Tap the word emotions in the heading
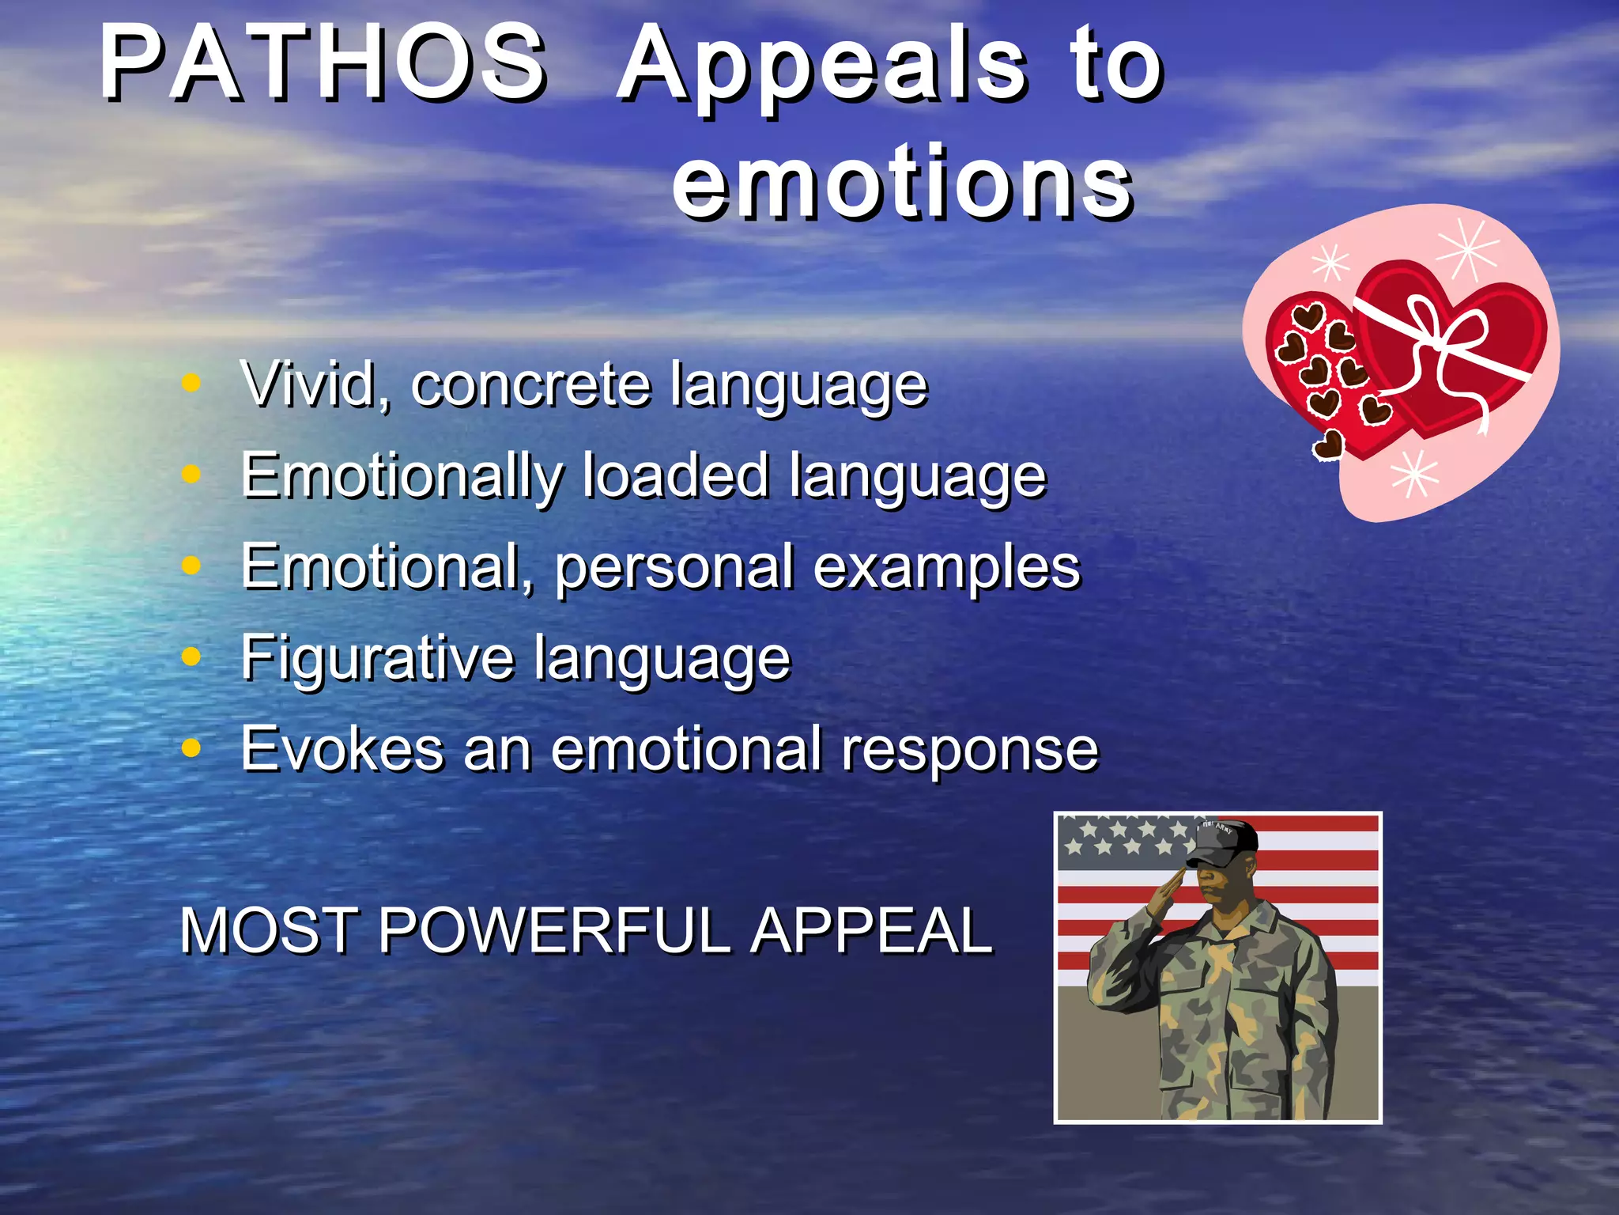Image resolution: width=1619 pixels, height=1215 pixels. point(903,184)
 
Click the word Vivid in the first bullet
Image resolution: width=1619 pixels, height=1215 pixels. point(315,384)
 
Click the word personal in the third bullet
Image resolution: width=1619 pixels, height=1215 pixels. point(674,568)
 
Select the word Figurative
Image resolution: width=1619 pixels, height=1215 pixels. point(377,657)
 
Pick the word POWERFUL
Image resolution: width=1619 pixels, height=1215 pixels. point(553,930)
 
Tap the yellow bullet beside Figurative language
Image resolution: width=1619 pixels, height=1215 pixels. point(191,656)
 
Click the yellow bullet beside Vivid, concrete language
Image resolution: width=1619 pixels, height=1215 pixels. point(191,383)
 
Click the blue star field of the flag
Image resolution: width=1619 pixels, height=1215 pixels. point(1123,840)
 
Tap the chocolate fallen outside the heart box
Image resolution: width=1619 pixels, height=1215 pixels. point(1329,445)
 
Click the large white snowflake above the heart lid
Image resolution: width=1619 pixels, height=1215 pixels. point(1466,250)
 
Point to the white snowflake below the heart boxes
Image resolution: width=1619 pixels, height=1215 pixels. point(1414,475)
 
